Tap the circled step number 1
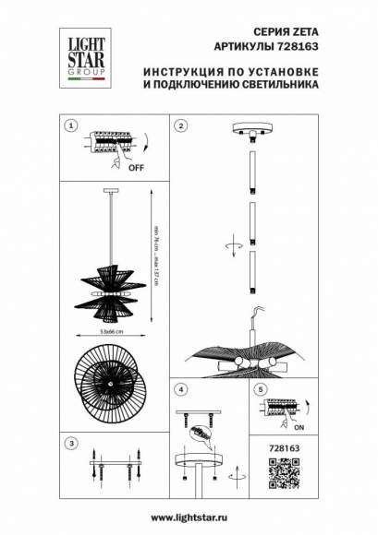[x=68, y=125]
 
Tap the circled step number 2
[x=182, y=125]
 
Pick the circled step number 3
[x=68, y=444]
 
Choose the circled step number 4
[x=182, y=390]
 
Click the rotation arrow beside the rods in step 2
[x=236, y=248]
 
